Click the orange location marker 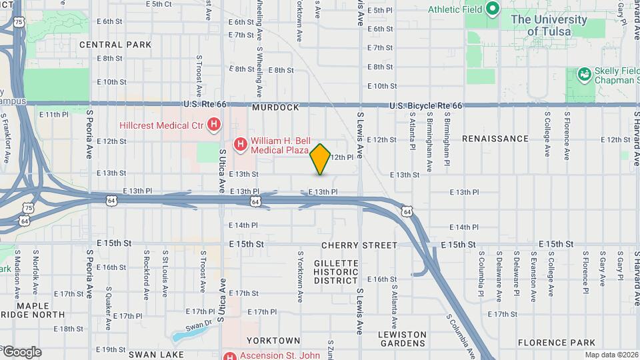(321, 159)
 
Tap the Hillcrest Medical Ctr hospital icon (214, 124)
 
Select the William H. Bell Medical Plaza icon (240, 143)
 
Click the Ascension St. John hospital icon (231, 355)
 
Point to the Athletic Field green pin (493, 9)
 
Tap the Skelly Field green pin (585, 73)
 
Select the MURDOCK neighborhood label (275, 107)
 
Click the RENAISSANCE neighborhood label (495, 139)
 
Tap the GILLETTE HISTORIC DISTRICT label (337, 272)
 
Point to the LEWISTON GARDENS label (403, 339)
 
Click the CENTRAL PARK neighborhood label (115, 45)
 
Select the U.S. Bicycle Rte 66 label (426, 106)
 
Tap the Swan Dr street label (198, 326)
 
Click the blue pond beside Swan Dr (181, 335)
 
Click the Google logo (21, 352)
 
